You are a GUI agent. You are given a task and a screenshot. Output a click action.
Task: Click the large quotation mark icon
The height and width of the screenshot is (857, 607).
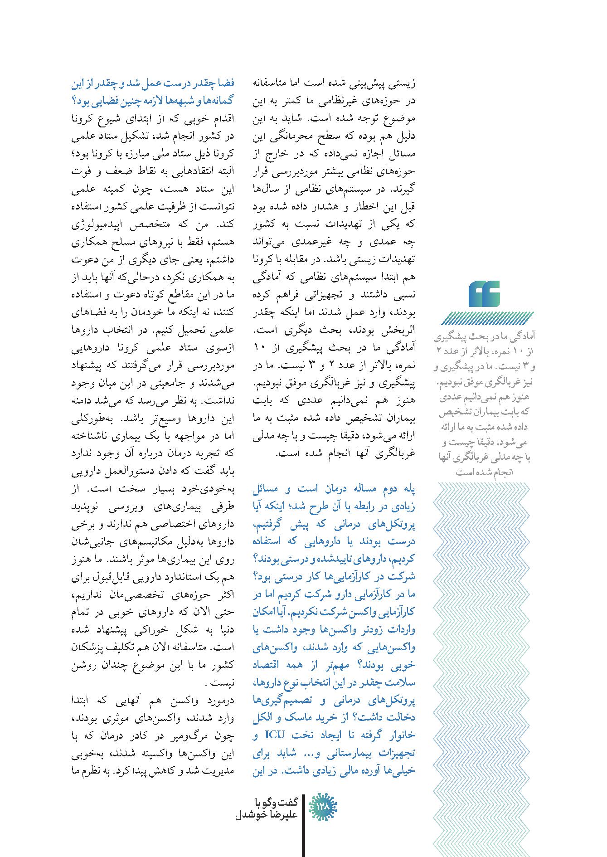pos(484,294)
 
